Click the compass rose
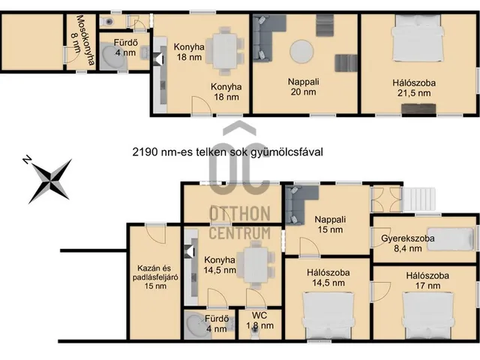pos(49,181)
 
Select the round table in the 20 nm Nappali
pos(301,52)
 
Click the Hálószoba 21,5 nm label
pos(414,88)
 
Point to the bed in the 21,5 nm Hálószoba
pos(418,39)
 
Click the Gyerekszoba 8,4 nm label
pos(408,243)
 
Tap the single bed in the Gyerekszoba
pos(451,239)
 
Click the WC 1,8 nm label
pos(259,320)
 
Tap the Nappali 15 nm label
pos(330,224)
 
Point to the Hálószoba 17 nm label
pos(427,280)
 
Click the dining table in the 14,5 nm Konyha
pos(256,265)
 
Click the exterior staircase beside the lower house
pos(419,199)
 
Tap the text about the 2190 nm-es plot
pos(228,151)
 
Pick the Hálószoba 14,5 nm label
pos(328,277)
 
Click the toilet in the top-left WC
pos(108,22)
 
